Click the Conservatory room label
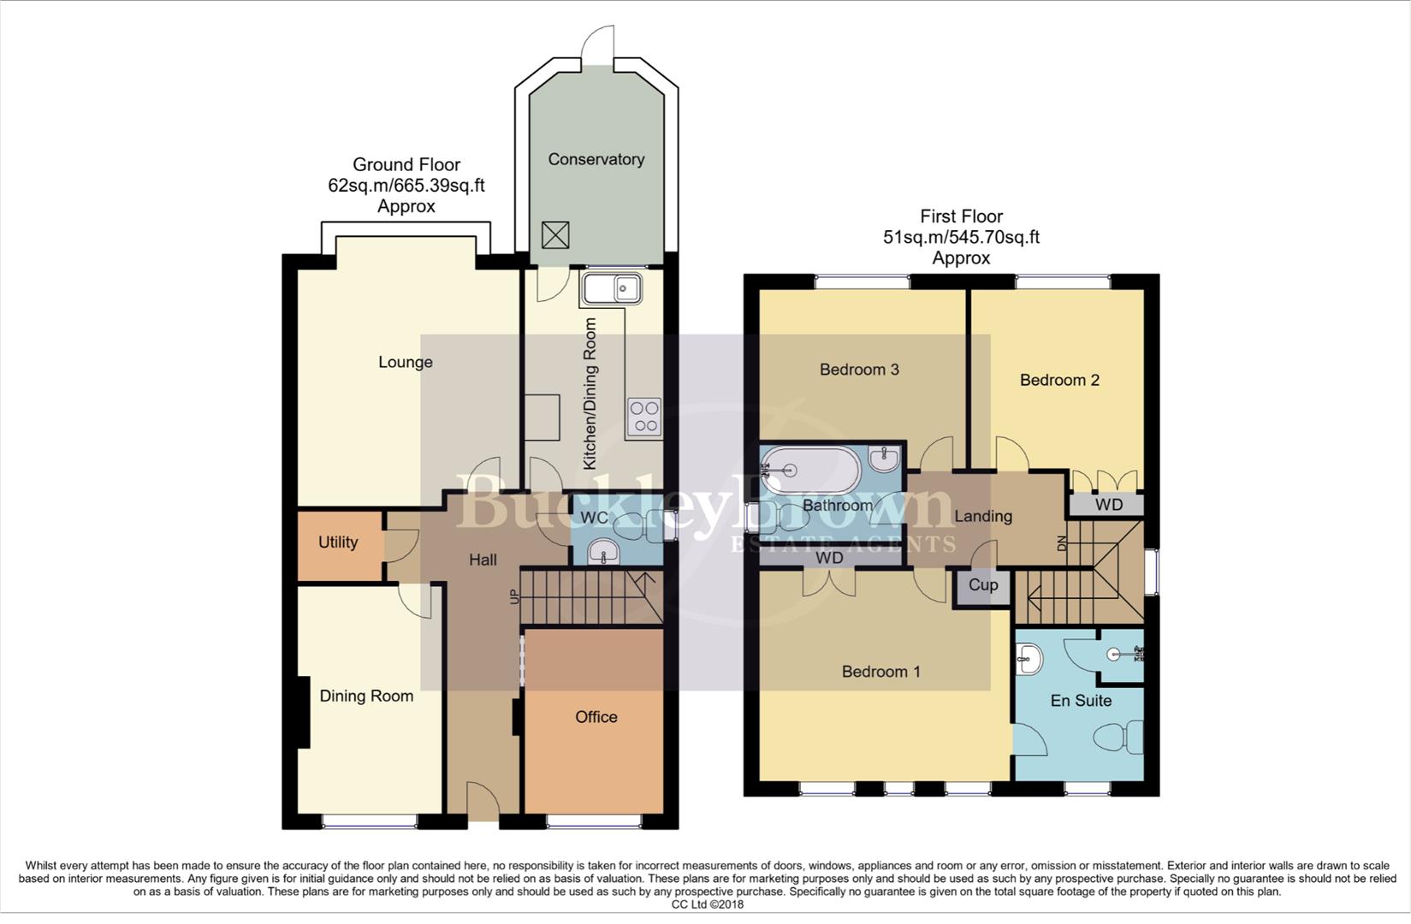[596, 159]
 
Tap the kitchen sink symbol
[611, 289]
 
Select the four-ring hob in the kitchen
[643, 418]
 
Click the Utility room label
[338, 542]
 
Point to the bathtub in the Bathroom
[809, 470]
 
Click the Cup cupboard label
[983, 585]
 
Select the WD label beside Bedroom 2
[1108, 505]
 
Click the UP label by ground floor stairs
[514, 596]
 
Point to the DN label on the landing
[1062, 542]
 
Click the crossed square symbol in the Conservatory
[555, 235]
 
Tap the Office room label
[596, 717]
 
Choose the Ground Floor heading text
[406, 164]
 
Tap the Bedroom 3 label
[859, 370]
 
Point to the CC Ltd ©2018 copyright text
[708, 904]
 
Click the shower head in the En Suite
[1114, 654]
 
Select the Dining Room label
[366, 696]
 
